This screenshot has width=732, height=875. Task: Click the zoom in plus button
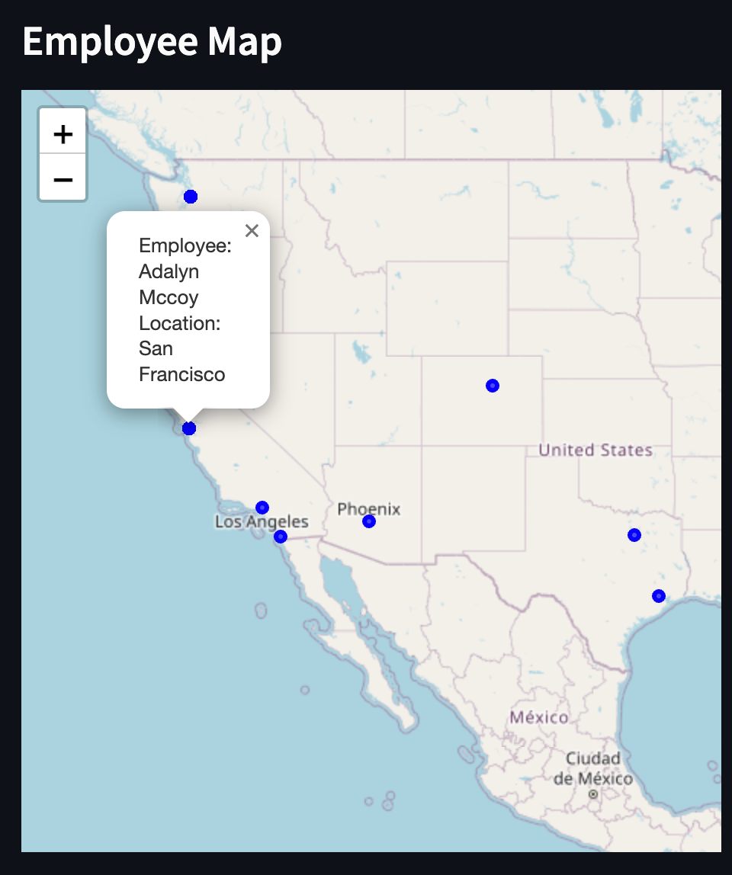tap(63, 134)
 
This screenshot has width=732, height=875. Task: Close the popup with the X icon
tap(252, 230)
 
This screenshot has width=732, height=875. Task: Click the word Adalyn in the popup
tap(169, 271)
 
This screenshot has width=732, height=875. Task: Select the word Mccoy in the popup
tap(169, 297)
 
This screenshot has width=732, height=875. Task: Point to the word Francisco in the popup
tap(181, 374)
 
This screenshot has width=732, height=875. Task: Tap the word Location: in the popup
tap(179, 323)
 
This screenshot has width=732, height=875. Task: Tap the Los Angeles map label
tap(262, 522)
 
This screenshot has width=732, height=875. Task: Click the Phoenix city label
tap(368, 508)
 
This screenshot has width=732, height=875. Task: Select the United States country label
tap(595, 450)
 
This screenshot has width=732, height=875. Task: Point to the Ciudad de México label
tap(592, 768)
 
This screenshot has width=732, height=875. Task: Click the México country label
tap(538, 717)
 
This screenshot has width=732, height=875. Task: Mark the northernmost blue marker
tap(191, 197)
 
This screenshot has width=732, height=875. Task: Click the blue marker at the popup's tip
tap(189, 428)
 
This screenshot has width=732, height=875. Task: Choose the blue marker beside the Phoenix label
tap(369, 521)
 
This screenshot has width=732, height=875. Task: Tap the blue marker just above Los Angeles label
tap(262, 508)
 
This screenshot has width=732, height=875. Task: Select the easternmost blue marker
tap(659, 596)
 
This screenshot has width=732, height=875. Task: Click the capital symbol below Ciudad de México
tap(593, 794)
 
